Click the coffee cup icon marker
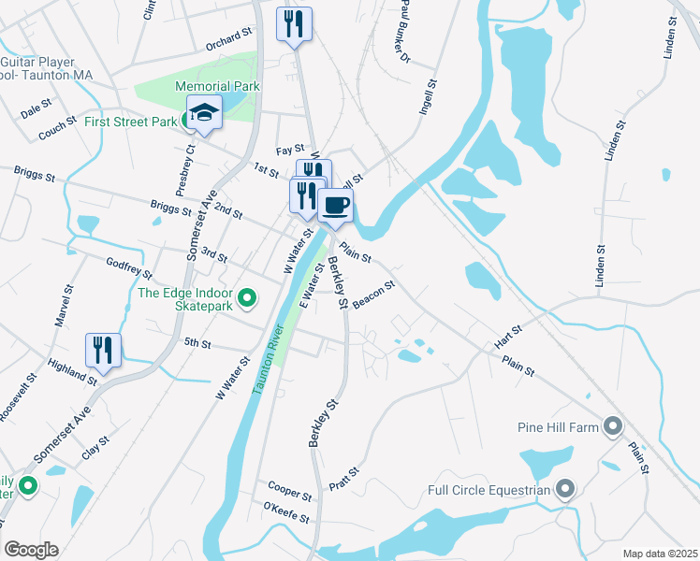coord(336,205)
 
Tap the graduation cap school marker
coord(203,113)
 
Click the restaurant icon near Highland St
coord(103,351)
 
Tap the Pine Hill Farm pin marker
coord(613,427)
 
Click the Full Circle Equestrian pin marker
coord(565,488)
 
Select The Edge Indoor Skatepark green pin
coord(247,299)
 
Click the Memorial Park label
coord(217,87)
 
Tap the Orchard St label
coord(229,43)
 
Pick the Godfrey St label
coord(129,268)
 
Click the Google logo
coord(31,549)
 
